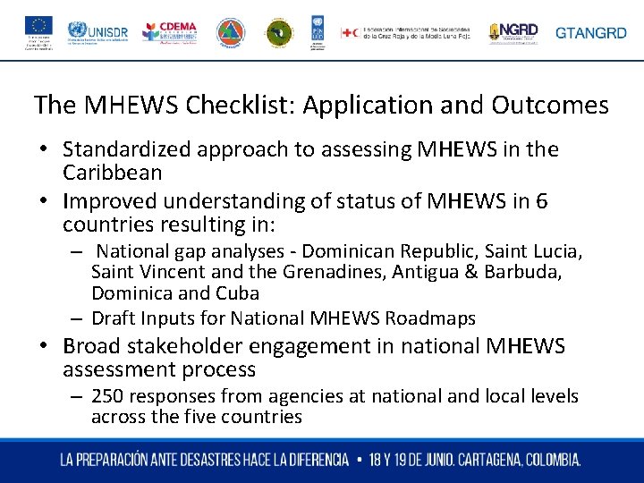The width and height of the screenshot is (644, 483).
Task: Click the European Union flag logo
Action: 39,25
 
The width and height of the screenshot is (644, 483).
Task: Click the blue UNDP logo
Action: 318,32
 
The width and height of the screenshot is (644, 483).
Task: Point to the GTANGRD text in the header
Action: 591,33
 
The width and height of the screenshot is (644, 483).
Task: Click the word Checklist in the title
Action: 240,106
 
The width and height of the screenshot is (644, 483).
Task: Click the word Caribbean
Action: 113,173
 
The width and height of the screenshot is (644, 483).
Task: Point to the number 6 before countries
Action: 541,201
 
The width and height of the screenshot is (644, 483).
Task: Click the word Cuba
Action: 237,293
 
